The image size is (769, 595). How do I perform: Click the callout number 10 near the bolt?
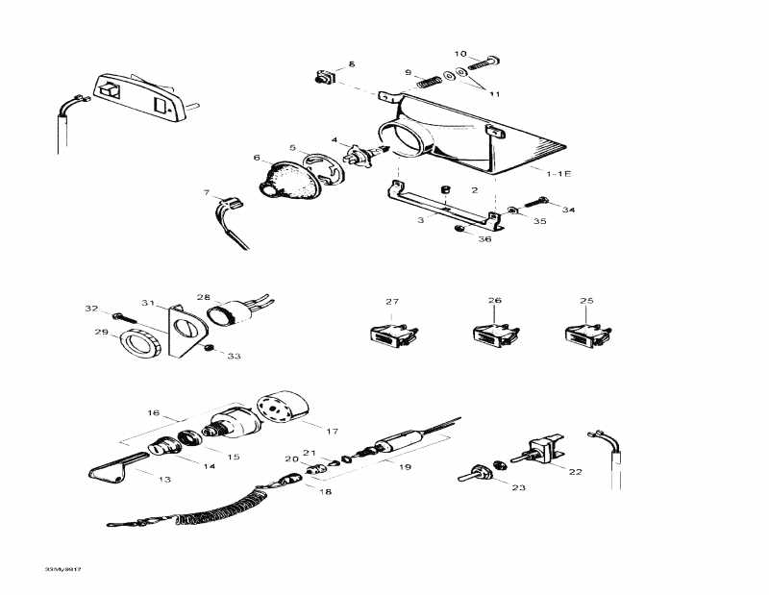pos(459,54)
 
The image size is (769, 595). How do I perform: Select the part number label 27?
pos(392,302)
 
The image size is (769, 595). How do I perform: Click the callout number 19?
pos(405,467)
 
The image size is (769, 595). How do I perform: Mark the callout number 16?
pos(153,412)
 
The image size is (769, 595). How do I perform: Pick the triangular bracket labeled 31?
pos(183,332)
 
